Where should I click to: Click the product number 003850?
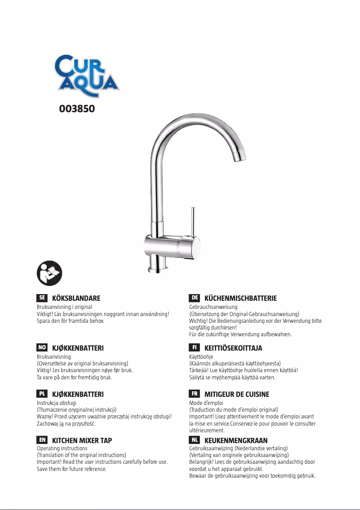click(77, 109)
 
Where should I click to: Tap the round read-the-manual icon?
click(49, 273)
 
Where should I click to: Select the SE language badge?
click(42, 298)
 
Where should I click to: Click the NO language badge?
click(42, 347)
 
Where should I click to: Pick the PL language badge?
click(42, 394)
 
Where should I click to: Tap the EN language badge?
click(42, 440)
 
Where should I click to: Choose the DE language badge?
click(194, 298)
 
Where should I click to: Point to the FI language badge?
click(194, 347)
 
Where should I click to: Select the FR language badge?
click(194, 394)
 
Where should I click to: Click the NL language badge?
click(194, 440)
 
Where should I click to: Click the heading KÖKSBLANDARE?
click(76, 299)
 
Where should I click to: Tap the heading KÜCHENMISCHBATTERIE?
click(241, 299)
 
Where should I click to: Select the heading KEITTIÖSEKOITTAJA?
click(233, 348)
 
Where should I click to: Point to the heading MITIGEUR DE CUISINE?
click(237, 394)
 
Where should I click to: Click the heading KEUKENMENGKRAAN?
click(236, 441)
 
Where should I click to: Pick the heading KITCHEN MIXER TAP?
click(82, 441)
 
